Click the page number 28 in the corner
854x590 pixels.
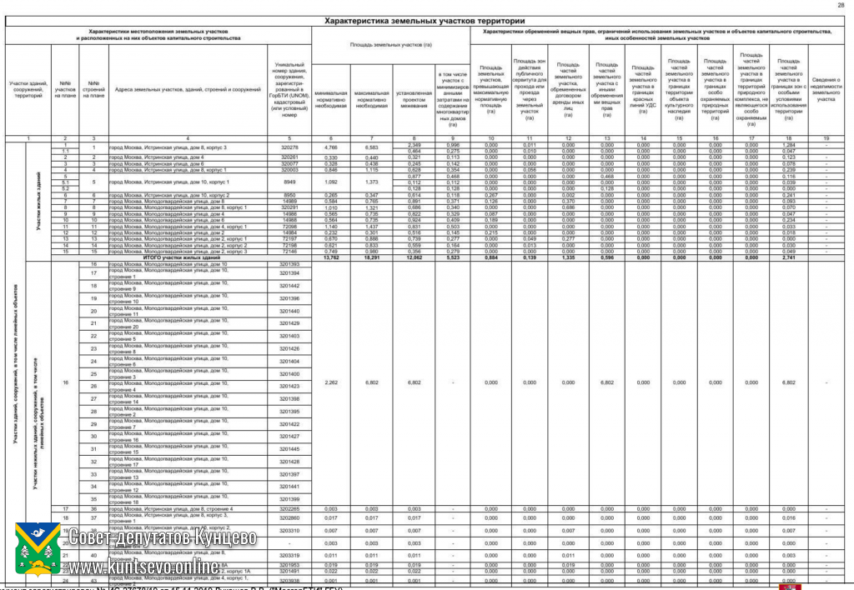click(840, 5)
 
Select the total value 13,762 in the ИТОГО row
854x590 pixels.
click(331, 258)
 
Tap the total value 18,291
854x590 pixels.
click(371, 258)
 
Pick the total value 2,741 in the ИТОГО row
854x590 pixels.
click(788, 258)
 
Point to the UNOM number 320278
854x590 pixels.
click(289, 147)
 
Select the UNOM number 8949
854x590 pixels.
click(289, 181)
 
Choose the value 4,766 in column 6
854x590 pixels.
click(331, 147)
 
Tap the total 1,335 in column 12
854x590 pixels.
click(568, 258)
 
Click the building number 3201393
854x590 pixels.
click(289, 264)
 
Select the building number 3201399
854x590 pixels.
click(289, 499)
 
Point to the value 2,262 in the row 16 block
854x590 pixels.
click(331, 382)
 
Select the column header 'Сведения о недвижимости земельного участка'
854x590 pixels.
click(826, 89)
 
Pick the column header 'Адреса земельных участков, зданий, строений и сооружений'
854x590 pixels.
click(188, 89)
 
